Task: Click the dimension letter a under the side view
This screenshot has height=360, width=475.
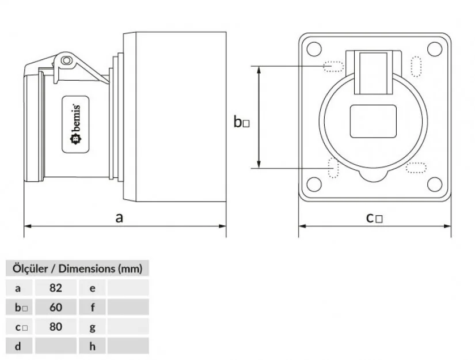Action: tap(119, 218)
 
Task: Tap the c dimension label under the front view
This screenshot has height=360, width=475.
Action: tap(375, 218)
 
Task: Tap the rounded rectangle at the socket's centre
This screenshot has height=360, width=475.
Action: tap(374, 122)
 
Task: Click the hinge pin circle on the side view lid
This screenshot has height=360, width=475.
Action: tap(67, 60)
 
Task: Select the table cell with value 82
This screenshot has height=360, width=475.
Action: tap(56, 287)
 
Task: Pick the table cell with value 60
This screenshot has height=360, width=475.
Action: tap(56, 307)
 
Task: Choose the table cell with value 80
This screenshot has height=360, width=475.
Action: tap(56, 327)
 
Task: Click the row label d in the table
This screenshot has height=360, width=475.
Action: tap(18, 346)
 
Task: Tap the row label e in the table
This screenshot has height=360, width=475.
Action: tap(93, 287)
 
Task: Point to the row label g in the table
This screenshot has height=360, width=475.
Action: tap(93, 327)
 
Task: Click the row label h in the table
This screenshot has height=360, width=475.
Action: tap(93, 346)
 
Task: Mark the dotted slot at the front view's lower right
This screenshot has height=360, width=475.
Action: tap(416, 167)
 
